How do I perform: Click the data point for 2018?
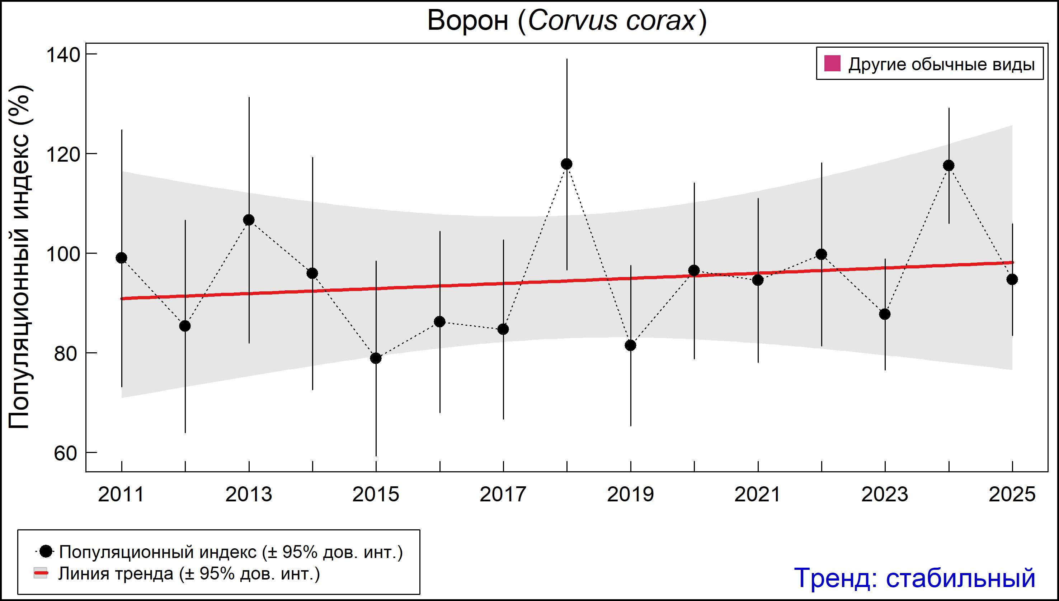coord(567,164)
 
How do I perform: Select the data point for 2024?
coord(949,166)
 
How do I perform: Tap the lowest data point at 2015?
coord(376,358)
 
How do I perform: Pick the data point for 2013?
coord(249,220)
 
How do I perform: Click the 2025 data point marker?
coord(1012,280)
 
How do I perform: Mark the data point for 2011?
coord(122,258)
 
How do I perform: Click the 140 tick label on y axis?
coord(63,54)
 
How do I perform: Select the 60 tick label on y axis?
coord(65,453)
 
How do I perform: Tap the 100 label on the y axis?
coord(63,254)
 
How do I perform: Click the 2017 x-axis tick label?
coord(503,495)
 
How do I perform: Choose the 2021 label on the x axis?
coord(757,495)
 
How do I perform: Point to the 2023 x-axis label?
coord(885,495)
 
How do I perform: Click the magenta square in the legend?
coord(832,64)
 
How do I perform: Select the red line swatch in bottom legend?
coord(41,573)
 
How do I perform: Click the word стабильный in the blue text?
coord(960,578)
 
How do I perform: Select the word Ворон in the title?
coord(468,21)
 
